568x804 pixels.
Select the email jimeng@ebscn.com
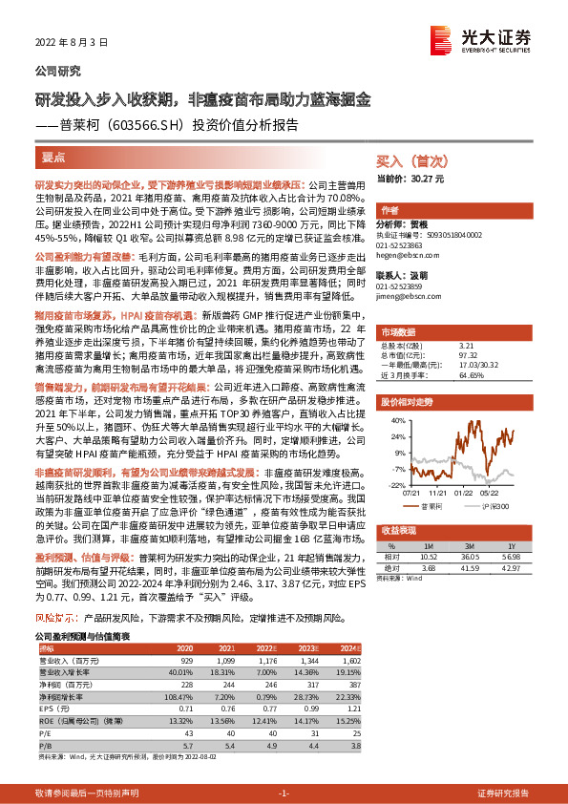click(403, 297)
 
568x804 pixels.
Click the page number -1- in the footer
click(284, 793)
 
